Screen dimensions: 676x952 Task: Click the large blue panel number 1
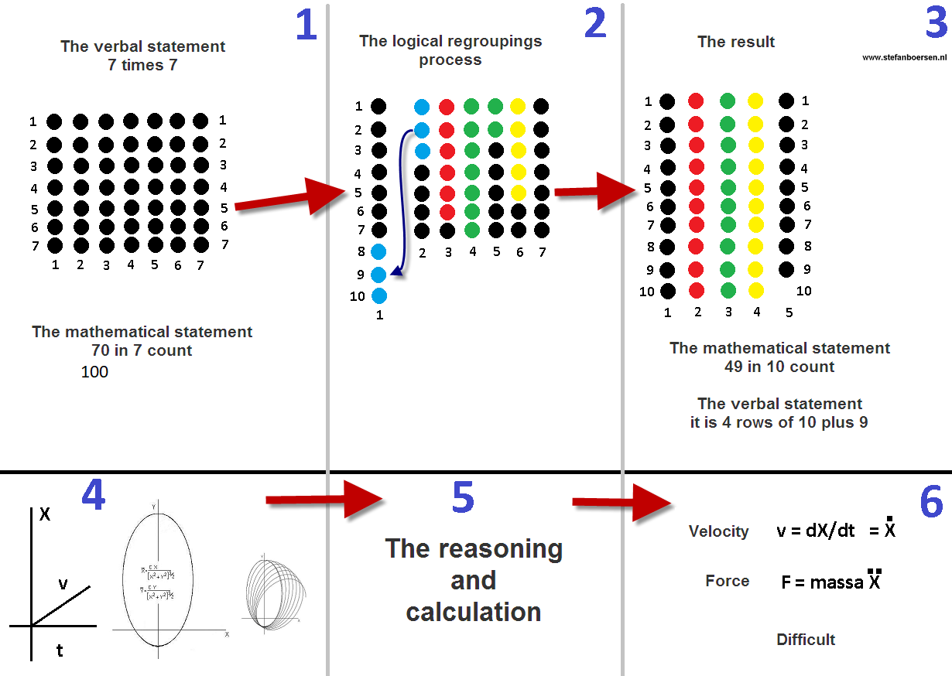tap(306, 25)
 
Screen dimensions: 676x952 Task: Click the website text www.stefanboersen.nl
tap(905, 57)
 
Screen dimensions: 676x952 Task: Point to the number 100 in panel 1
tap(94, 372)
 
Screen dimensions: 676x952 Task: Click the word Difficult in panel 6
tap(806, 640)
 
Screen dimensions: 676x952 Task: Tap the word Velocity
tap(719, 531)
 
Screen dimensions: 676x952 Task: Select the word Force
tap(728, 581)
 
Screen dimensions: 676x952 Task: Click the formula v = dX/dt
tap(817, 531)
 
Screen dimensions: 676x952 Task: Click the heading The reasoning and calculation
tap(474, 580)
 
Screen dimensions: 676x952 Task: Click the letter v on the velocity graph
tap(63, 585)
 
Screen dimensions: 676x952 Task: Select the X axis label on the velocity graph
tap(45, 514)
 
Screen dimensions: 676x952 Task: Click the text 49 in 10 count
tap(779, 367)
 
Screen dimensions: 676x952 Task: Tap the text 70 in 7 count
tap(142, 350)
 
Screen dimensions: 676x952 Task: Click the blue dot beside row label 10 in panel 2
tap(378, 295)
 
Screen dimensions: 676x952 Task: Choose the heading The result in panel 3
tap(735, 42)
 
